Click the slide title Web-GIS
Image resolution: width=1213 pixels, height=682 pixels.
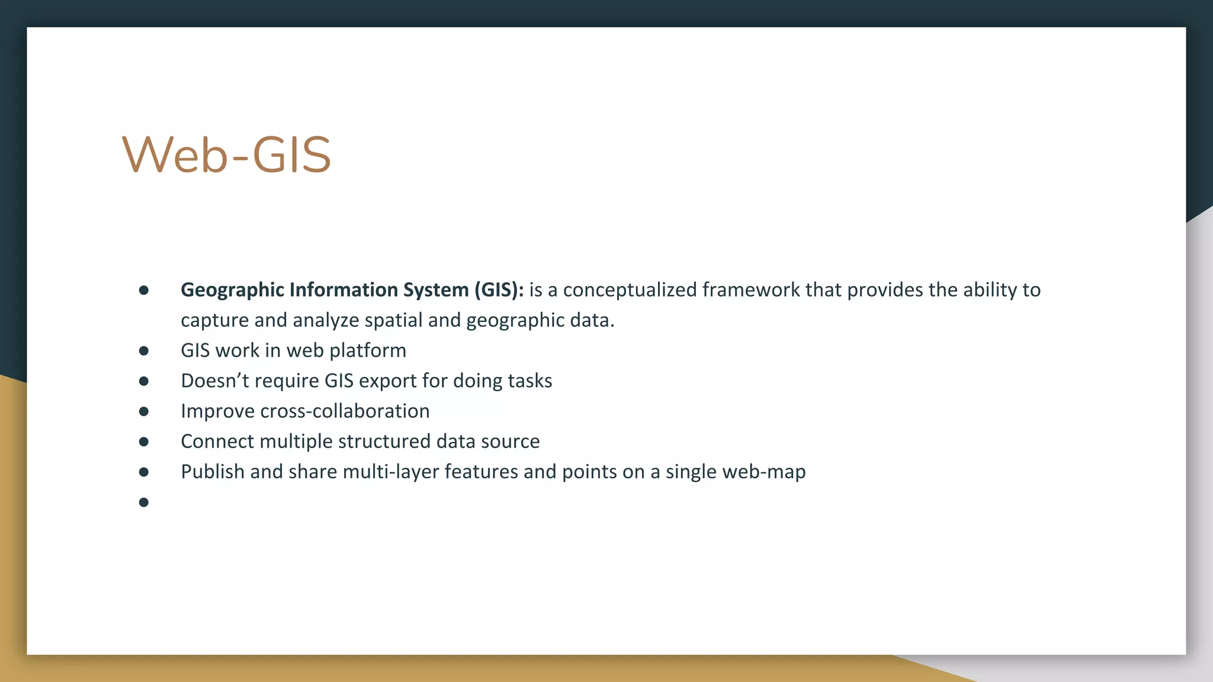coord(226,155)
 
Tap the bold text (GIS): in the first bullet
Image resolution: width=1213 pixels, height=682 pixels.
coord(499,290)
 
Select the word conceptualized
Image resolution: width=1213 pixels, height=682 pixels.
coord(630,290)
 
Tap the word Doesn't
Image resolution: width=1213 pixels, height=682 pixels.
coord(214,381)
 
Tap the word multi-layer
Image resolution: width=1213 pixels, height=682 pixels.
coord(391,472)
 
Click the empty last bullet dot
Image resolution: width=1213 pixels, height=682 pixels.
coord(143,503)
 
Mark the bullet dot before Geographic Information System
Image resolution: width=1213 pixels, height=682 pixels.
coord(143,290)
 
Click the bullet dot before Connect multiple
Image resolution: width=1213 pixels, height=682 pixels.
coord(143,442)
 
